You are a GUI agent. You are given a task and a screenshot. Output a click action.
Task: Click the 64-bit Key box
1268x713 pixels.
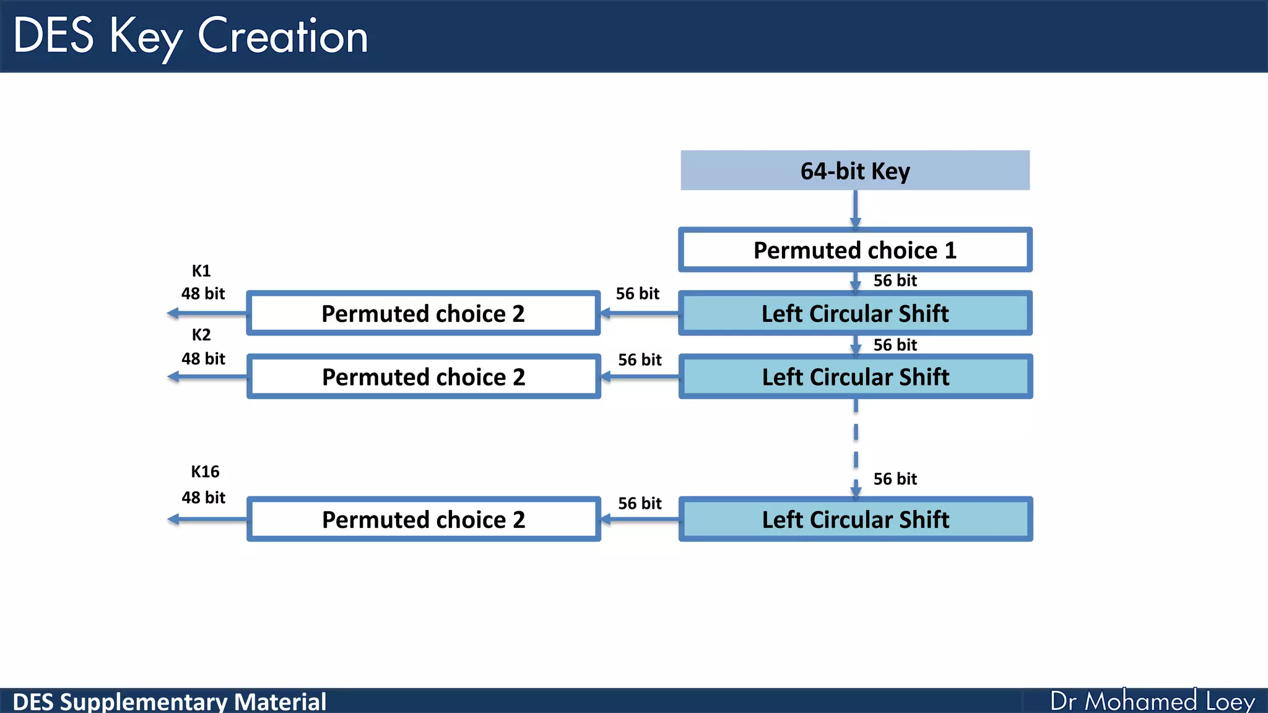(x=855, y=170)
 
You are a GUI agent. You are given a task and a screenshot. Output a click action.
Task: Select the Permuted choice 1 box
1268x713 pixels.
(x=855, y=250)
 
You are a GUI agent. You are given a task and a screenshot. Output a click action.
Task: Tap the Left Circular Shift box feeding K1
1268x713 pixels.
(x=855, y=313)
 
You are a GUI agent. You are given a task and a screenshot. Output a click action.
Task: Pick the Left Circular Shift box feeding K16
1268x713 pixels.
(x=855, y=519)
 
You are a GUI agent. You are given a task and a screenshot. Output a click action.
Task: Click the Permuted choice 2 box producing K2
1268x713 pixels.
(x=423, y=377)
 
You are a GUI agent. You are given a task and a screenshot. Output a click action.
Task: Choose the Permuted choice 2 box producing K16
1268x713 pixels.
(x=423, y=519)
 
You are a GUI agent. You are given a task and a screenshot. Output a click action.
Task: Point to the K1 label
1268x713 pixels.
(x=201, y=270)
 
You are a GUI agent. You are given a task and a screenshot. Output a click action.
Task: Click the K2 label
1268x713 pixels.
(x=201, y=335)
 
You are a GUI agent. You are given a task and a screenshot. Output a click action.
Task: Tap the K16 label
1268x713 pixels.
(x=205, y=472)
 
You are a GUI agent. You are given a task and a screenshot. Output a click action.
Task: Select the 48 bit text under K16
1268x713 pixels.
(x=203, y=497)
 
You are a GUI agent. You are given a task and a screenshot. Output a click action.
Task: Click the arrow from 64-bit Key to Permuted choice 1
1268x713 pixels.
(x=855, y=209)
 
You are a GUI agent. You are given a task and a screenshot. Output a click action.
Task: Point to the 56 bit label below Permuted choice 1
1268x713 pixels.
(x=895, y=280)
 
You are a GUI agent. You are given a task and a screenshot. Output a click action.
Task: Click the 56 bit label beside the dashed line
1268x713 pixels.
(x=895, y=478)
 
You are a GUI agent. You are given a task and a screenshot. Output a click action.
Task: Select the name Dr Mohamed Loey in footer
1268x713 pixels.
(x=1152, y=701)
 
